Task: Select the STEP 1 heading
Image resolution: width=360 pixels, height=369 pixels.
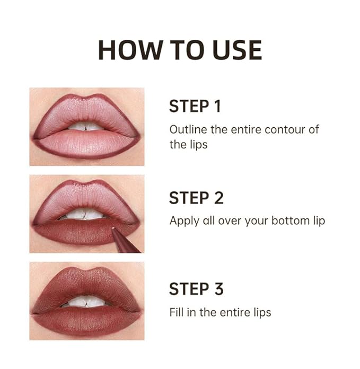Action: click(195, 106)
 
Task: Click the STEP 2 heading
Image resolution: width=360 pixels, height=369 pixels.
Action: click(196, 198)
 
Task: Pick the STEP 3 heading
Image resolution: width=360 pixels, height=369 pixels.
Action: click(196, 289)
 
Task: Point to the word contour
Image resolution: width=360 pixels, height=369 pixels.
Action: click(281, 129)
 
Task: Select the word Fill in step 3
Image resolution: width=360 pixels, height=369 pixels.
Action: click(177, 312)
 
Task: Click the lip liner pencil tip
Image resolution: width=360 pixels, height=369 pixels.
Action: click(114, 230)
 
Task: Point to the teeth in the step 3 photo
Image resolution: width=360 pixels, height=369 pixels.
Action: click(86, 302)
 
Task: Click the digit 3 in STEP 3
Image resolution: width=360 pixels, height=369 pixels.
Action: click(218, 289)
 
